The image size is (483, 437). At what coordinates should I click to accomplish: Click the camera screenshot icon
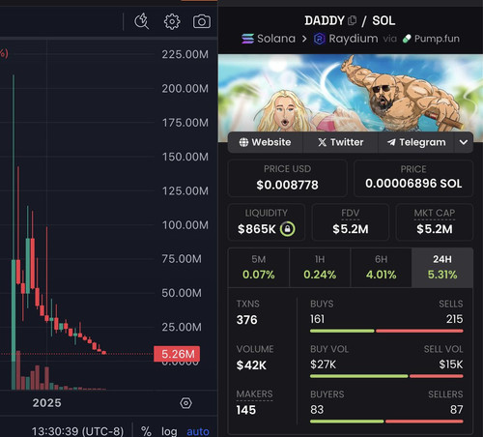coord(202,21)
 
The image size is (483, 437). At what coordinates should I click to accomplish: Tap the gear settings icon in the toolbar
coord(172,21)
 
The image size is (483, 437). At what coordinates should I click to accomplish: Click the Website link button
coord(266,142)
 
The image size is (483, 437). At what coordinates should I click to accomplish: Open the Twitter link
coord(340,142)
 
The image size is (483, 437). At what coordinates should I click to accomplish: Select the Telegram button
coord(416,142)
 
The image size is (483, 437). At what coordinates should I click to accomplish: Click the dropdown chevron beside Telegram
coord(464,142)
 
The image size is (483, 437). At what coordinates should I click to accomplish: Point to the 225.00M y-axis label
coord(185,54)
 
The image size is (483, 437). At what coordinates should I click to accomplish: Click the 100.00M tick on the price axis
coord(185,225)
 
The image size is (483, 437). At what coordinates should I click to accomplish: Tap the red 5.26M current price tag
coord(177,354)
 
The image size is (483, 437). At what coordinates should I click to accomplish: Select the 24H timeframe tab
coord(442,268)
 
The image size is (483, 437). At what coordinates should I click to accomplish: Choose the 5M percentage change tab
coord(259,268)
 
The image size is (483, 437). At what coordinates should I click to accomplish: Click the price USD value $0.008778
coord(287,185)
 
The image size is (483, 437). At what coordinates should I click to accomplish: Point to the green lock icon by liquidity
coord(287,229)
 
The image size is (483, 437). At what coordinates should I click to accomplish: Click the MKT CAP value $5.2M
coord(435,229)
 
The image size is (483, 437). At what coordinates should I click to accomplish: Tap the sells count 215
coord(454,319)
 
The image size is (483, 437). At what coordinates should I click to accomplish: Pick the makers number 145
coord(246,410)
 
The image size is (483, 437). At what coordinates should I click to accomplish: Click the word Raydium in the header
coord(354,39)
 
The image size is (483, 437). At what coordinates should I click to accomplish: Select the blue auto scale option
coord(198,431)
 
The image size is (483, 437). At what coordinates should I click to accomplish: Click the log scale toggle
coord(169,431)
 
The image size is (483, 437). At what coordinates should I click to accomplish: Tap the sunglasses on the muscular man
coord(382,88)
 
